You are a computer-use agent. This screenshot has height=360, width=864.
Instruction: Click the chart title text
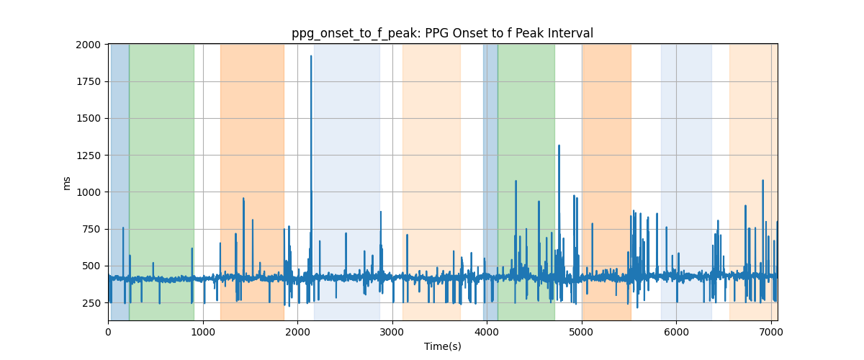click(x=442, y=34)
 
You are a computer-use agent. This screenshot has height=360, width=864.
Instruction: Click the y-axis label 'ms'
click(x=66, y=184)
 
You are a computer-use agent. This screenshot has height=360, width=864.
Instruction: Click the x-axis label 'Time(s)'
click(x=442, y=346)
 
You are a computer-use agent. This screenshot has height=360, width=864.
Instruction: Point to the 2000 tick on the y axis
click(x=88, y=45)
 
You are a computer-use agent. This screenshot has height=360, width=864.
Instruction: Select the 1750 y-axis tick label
click(x=88, y=81)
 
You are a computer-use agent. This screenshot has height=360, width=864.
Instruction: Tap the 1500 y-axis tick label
click(x=88, y=119)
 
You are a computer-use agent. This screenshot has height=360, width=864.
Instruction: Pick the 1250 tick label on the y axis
click(x=88, y=156)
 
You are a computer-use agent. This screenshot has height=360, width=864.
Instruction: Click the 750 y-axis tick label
click(x=91, y=229)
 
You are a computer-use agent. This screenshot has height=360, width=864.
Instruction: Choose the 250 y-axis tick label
click(x=91, y=303)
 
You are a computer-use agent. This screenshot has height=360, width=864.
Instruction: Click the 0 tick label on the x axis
click(x=109, y=332)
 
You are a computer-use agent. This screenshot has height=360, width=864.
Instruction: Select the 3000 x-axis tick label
click(x=392, y=332)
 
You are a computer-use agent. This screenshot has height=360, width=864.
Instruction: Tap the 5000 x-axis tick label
click(x=582, y=332)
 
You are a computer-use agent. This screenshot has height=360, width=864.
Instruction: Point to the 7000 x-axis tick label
click(x=771, y=332)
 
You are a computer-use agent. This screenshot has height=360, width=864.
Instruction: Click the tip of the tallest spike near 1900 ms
click(x=311, y=56)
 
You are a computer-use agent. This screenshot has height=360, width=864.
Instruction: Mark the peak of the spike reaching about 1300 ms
click(x=559, y=146)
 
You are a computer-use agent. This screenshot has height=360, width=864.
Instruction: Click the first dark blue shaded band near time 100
click(x=120, y=182)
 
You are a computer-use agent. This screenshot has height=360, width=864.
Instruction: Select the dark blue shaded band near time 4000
click(x=490, y=182)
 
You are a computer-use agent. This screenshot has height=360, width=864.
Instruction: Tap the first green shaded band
click(x=161, y=182)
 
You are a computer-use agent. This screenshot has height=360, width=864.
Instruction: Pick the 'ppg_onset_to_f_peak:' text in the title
click(x=357, y=34)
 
